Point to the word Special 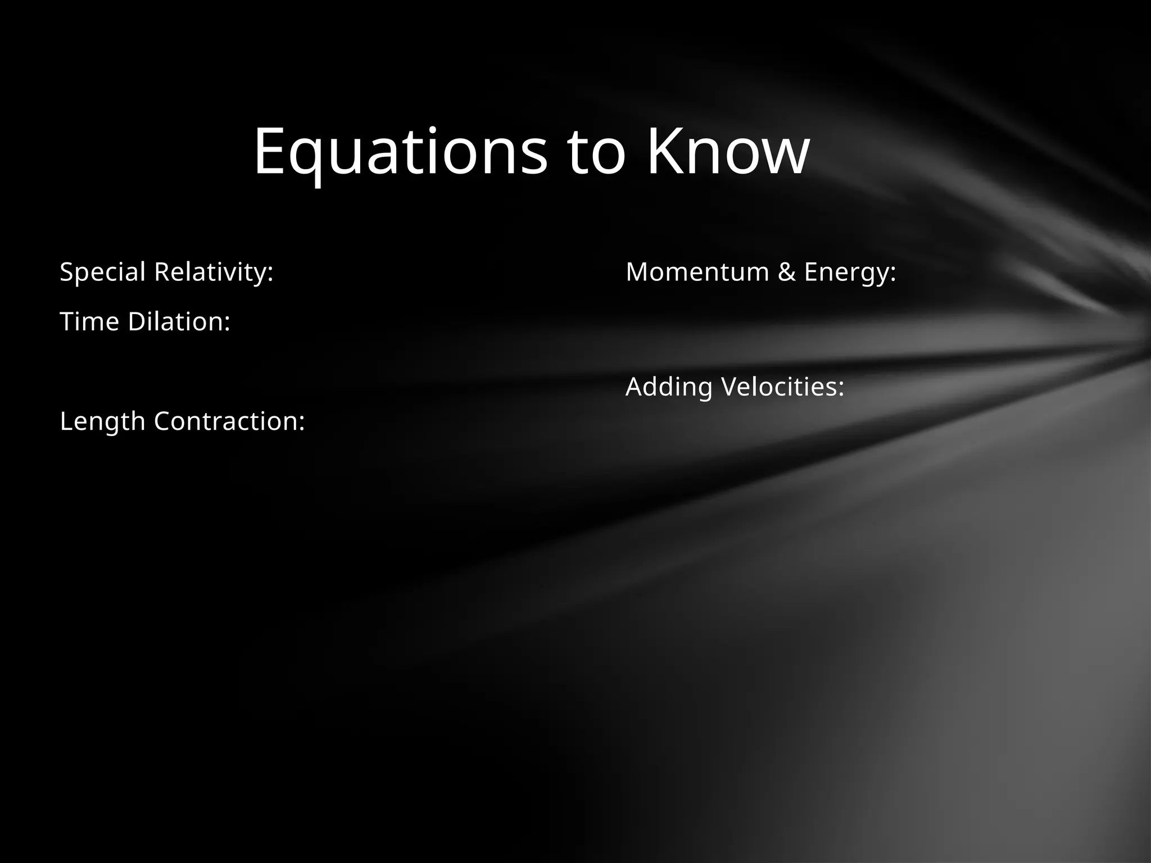point(103,272)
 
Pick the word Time point(89,322)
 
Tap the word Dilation point(179,322)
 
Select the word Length point(102,421)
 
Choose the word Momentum point(697,272)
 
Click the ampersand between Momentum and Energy point(787,272)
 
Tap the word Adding point(669,387)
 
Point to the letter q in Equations point(308,157)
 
